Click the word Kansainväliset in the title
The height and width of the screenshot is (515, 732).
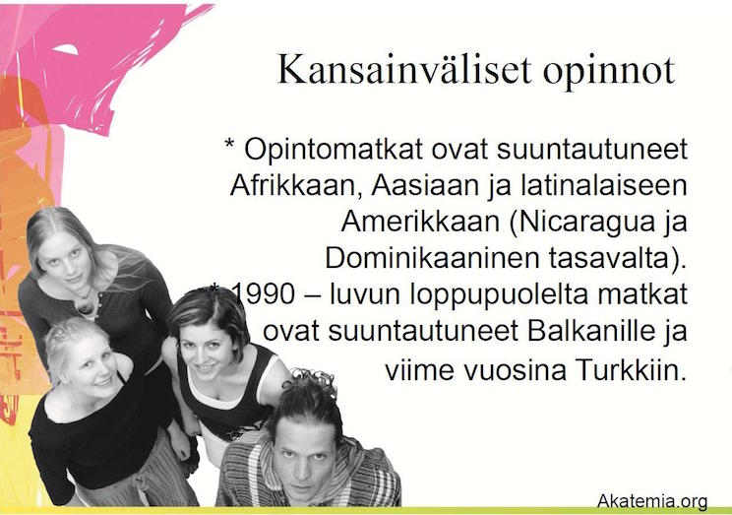[x=404, y=70]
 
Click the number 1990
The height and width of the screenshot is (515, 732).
[x=264, y=294]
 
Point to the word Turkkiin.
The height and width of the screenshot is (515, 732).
[x=631, y=370]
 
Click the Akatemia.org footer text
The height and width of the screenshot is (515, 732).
[x=652, y=501]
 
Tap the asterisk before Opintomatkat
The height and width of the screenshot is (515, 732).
[x=229, y=142]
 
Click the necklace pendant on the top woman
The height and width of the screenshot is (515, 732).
[x=85, y=306]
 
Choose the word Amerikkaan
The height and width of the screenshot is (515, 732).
[x=421, y=222]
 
